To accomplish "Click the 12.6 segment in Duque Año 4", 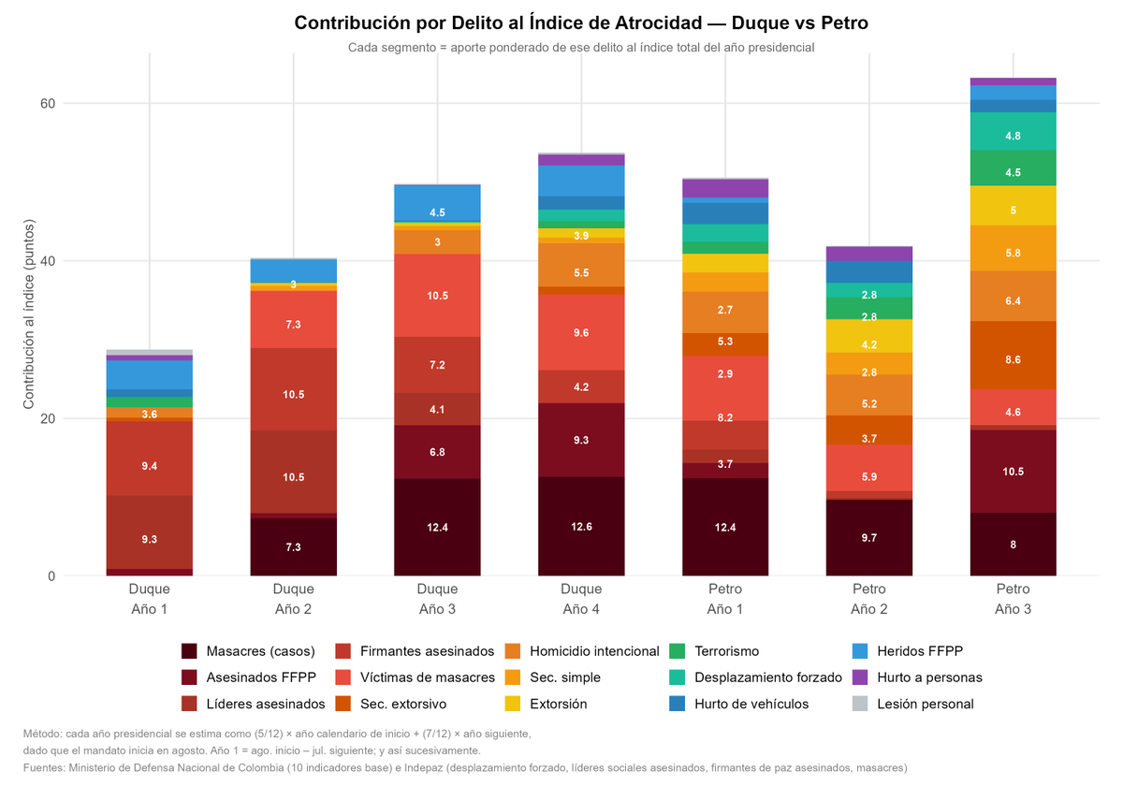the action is [581, 526].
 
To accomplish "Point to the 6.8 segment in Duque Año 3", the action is [437, 452].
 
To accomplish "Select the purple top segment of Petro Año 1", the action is [725, 188].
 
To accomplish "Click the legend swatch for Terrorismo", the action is [678, 651].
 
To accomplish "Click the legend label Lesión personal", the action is [925, 704].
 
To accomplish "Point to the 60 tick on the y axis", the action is [47, 104].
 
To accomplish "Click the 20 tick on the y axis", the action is [47, 418].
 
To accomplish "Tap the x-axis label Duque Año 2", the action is [293, 599].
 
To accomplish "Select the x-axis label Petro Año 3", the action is [1013, 599].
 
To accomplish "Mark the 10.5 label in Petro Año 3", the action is [1013, 472].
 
